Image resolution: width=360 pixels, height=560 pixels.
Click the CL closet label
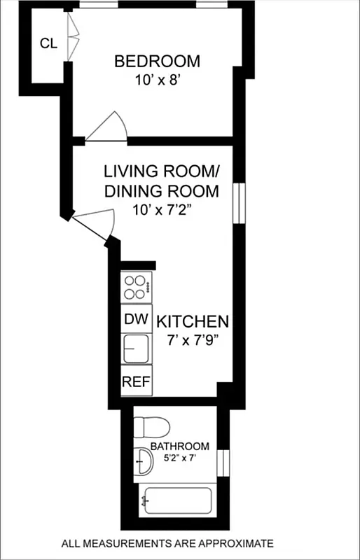point(48,43)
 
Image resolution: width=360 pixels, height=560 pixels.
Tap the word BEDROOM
point(157,62)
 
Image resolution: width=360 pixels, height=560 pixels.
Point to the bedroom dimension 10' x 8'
point(157,80)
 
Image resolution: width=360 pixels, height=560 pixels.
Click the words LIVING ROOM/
point(162,171)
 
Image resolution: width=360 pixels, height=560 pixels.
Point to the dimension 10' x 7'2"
point(162,209)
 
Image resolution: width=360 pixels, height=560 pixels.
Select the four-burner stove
point(137,286)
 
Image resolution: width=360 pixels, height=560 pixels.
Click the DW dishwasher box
point(137,320)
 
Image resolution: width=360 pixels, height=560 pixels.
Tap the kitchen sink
point(137,348)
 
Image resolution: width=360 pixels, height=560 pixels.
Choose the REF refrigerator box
point(137,382)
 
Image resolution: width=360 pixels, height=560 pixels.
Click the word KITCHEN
point(193,322)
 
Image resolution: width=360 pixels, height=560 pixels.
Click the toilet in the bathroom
point(150,426)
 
